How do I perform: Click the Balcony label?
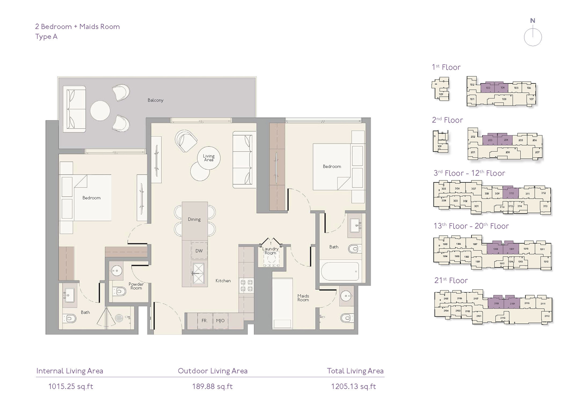pos(155,100)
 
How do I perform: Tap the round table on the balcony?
pos(100,111)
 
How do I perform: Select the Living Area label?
pos(208,158)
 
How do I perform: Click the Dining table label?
pos(194,219)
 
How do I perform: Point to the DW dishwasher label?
pos(199,251)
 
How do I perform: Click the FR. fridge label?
pos(205,321)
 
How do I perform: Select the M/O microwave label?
pos(220,321)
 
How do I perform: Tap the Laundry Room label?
pos(270,251)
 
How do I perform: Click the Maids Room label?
pos(303,298)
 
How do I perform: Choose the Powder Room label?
pos(136,286)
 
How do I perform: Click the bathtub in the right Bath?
pos(340,271)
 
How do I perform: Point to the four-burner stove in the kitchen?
pos(247,286)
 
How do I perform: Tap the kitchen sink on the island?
pos(199,273)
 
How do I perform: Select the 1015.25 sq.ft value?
pos(70,386)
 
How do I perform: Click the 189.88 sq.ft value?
pos(212,386)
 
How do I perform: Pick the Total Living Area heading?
pos(355,371)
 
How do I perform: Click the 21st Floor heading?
pos(451,281)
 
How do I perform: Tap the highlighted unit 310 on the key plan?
pos(511,193)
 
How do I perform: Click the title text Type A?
pos(46,37)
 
